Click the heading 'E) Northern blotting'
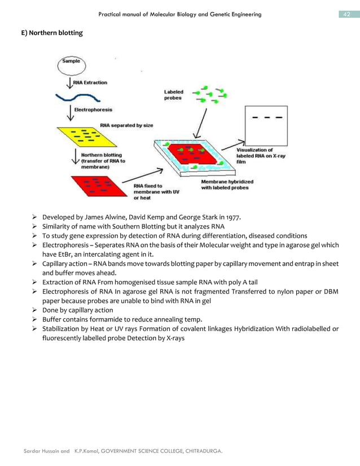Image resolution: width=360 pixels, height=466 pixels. point(52,33)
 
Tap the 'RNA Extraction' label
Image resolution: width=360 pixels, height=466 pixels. point(90,82)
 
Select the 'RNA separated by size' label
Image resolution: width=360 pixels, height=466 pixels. point(126,125)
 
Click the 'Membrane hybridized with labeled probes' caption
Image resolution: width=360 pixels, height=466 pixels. point(227,184)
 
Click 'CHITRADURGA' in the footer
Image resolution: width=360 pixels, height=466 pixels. point(201,451)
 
